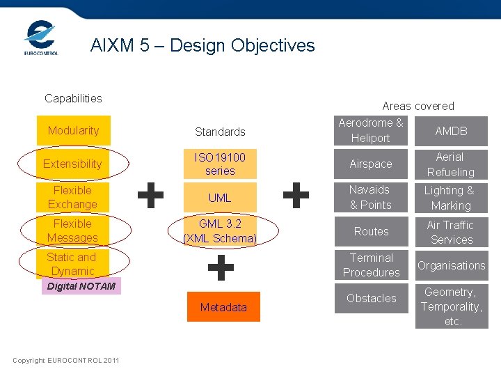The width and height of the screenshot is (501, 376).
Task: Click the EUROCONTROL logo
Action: pyautogui.click(x=41, y=38)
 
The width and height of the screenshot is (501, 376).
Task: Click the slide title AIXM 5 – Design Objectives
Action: pyautogui.click(x=202, y=46)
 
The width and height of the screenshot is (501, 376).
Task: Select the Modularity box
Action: pyautogui.click(x=73, y=130)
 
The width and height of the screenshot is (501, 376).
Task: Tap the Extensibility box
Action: pyautogui.click(x=73, y=164)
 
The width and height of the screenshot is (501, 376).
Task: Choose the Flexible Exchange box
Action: pyautogui.click(x=73, y=197)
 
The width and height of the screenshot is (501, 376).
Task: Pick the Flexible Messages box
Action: pyautogui.click(x=73, y=230)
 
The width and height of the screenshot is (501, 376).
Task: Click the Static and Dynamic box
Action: pyautogui.click(x=73, y=264)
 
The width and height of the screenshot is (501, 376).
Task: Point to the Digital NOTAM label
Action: pyautogui.click(x=81, y=286)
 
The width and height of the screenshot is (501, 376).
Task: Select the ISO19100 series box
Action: pyautogui.click(x=220, y=164)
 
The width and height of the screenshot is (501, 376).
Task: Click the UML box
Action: pyautogui.click(x=220, y=198)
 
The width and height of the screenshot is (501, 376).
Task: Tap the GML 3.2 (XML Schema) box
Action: pyautogui.click(x=220, y=231)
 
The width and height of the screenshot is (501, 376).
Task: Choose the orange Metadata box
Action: pyautogui.click(x=223, y=307)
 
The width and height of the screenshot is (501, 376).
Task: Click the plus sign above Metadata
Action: pyautogui.click(x=221, y=267)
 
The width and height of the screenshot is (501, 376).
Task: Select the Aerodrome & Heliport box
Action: pyautogui.click(x=371, y=130)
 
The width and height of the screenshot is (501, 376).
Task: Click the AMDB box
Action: pyautogui.click(x=451, y=131)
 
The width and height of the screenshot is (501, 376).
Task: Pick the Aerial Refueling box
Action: pyautogui.click(x=451, y=164)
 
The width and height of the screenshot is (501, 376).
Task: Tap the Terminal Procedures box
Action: pyautogui.click(x=371, y=265)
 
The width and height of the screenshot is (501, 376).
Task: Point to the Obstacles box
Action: pyautogui.click(x=371, y=298)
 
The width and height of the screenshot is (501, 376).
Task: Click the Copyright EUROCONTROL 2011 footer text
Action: pyautogui.click(x=66, y=360)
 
